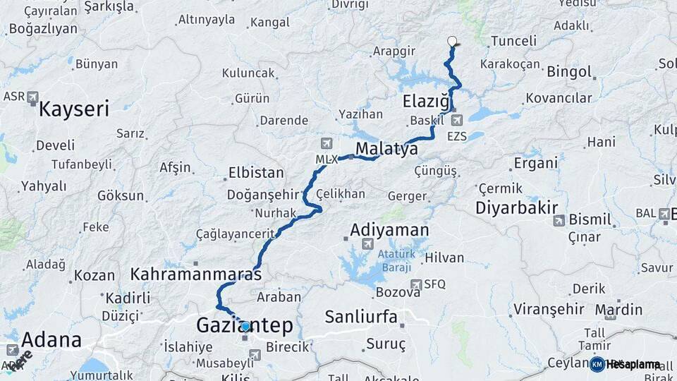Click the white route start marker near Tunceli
pos(452,41)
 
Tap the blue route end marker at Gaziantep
pos(245,327)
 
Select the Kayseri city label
pos(74,109)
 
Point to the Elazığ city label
pos(426,102)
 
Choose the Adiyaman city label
pos(389,230)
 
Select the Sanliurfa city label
pos(361,316)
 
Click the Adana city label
pos(51,340)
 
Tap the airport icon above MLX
pos(326,144)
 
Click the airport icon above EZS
pos(457,120)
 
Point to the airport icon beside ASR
pos(32,97)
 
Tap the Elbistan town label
pos(255,173)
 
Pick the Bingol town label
pos(569,71)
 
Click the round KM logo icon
pos(597,364)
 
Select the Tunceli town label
pos(513,41)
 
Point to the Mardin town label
pos(618,310)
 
